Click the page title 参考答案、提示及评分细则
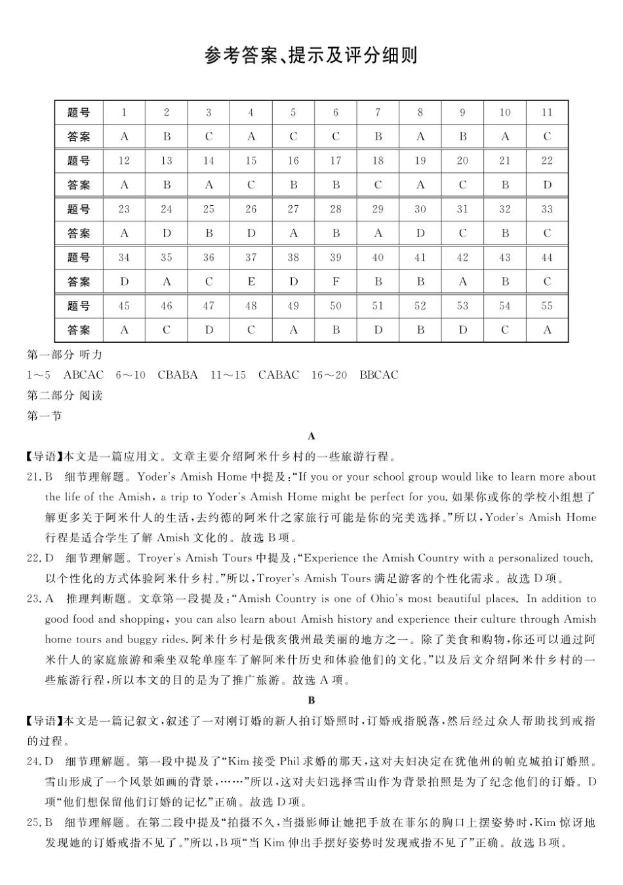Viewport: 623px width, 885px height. (311, 55)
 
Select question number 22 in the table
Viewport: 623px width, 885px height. (547, 161)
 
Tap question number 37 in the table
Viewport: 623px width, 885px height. (251, 258)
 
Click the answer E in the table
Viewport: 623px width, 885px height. (251, 282)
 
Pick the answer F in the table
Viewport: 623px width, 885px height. (335, 282)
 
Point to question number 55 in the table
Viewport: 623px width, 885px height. (547, 306)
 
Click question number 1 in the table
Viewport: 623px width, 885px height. (124, 112)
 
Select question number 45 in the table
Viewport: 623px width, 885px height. (124, 306)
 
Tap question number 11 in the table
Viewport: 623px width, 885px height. (547, 112)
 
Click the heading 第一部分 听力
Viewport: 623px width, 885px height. (64, 355)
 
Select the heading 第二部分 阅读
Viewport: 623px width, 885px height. (64, 395)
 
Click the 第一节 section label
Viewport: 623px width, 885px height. (44, 416)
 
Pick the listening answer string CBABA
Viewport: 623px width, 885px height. (178, 375)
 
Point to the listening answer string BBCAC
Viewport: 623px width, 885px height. (379, 375)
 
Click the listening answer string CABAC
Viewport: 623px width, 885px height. (279, 375)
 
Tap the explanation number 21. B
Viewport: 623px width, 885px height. (39, 477)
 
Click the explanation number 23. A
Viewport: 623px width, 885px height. (39, 599)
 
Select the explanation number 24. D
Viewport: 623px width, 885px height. (39, 762)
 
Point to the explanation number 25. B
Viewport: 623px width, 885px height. (39, 823)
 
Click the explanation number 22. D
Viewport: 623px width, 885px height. (39, 559)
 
